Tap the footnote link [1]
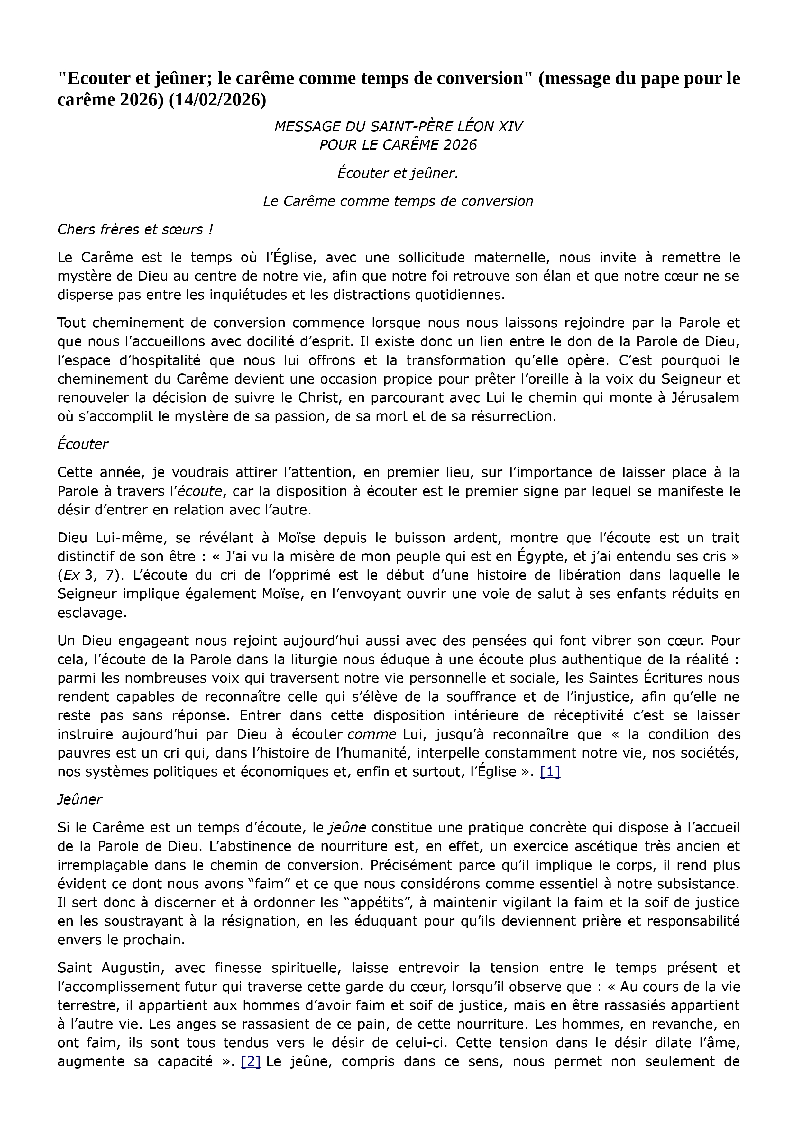click(550, 772)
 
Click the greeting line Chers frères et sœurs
click(135, 230)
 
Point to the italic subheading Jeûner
click(79, 800)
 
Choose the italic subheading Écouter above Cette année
click(83, 444)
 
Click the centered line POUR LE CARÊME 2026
click(398, 145)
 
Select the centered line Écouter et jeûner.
click(398, 173)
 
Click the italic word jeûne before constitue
click(347, 828)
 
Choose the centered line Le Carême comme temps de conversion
click(398, 201)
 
